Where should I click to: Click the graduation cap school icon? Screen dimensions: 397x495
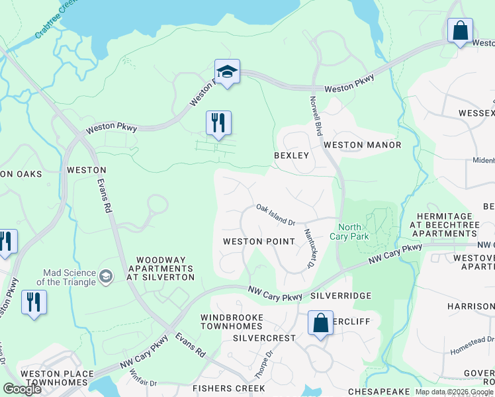tap(227, 72)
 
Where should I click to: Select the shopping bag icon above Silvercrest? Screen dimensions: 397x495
tap(320, 324)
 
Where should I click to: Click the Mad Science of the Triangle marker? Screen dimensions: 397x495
tap(105, 275)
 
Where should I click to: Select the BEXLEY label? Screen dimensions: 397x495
tap(292, 155)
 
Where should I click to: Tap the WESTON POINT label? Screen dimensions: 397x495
tap(259, 242)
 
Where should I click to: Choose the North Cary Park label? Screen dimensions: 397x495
tap(349, 232)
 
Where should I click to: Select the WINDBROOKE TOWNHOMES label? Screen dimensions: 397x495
tap(232, 323)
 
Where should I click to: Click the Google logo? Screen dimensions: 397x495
tap(22, 389)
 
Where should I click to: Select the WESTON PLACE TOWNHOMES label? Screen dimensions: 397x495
tap(57, 378)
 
